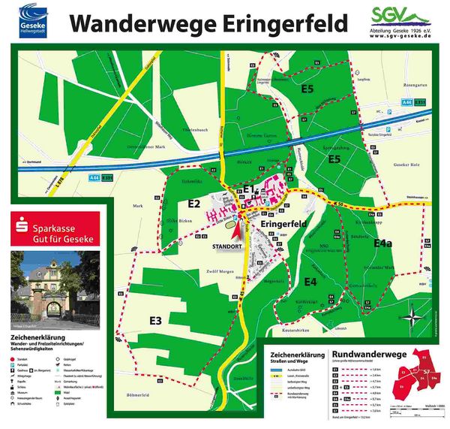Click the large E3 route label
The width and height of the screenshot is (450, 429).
(x=155, y=321)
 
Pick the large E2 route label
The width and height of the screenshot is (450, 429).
(x=194, y=203)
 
